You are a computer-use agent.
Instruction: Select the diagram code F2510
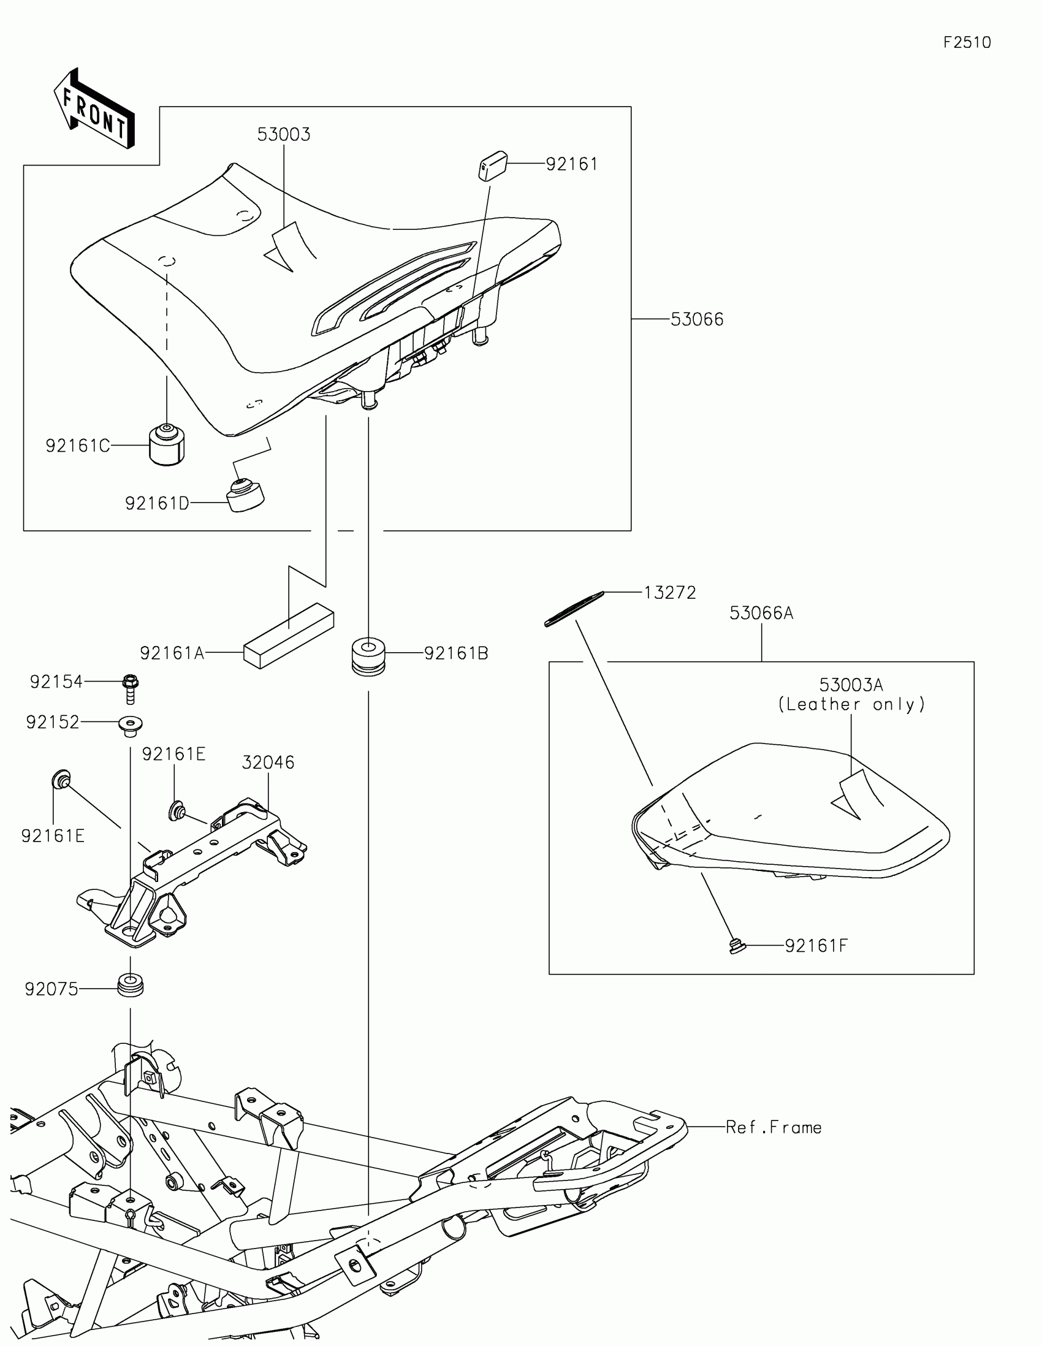[x=967, y=42]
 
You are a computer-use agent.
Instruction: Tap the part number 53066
[x=697, y=319]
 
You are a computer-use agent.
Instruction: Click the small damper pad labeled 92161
[x=492, y=165]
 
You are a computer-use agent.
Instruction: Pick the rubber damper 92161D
[x=246, y=495]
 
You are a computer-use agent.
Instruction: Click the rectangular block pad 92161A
[x=288, y=635]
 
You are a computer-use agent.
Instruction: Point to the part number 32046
[x=268, y=762]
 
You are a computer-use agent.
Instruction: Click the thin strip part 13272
[x=574, y=609]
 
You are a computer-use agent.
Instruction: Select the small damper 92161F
[x=736, y=945]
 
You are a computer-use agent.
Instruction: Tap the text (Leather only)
[x=851, y=704]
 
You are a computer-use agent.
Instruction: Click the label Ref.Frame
[x=774, y=1127]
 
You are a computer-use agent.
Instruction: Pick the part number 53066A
[x=761, y=613]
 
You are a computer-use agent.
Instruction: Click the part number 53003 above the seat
[x=283, y=134]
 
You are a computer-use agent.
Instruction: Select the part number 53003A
[x=851, y=685]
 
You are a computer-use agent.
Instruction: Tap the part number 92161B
[x=456, y=653]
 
